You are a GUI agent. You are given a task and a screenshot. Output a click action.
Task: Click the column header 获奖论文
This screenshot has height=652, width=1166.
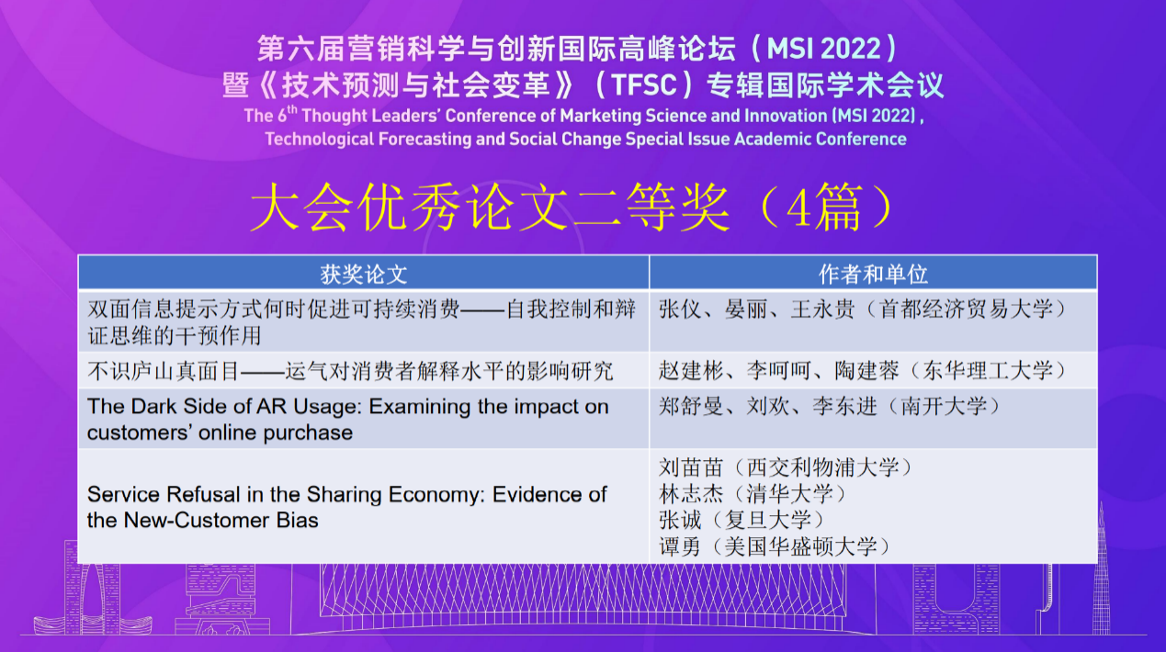[363, 275]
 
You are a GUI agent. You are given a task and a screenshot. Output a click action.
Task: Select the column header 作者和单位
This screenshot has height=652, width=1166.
[873, 275]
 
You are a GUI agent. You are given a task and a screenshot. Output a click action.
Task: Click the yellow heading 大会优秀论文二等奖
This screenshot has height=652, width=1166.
[490, 208]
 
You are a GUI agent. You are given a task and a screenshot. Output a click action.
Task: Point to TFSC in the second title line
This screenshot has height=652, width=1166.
[644, 84]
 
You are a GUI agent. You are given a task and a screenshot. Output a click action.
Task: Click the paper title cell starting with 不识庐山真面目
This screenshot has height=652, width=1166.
[350, 371]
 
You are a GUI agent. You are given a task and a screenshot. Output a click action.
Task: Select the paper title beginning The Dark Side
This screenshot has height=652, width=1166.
[347, 420]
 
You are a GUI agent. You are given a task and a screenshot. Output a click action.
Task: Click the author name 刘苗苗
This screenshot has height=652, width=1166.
[691, 467]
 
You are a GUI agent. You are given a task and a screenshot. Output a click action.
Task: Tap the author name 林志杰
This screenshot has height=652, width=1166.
[691, 493]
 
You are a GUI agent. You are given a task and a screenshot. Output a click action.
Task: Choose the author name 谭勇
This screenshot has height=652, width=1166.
[680, 546]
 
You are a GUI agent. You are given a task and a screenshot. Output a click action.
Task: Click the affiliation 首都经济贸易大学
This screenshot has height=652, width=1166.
[967, 309]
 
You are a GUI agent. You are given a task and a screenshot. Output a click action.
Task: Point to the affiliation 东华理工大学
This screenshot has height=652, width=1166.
[988, 370]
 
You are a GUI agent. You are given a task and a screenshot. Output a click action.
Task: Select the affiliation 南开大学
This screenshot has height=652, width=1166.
[944, 406]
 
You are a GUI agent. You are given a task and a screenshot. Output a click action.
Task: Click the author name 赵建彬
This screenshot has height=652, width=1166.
[691, 370]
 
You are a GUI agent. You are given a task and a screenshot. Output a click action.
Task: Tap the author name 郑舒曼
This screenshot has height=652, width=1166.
[691, 406]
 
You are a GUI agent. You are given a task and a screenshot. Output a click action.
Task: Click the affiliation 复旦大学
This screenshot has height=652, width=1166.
[768, 520]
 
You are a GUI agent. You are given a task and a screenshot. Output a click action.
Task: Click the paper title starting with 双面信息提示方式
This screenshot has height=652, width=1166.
[361, 322]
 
